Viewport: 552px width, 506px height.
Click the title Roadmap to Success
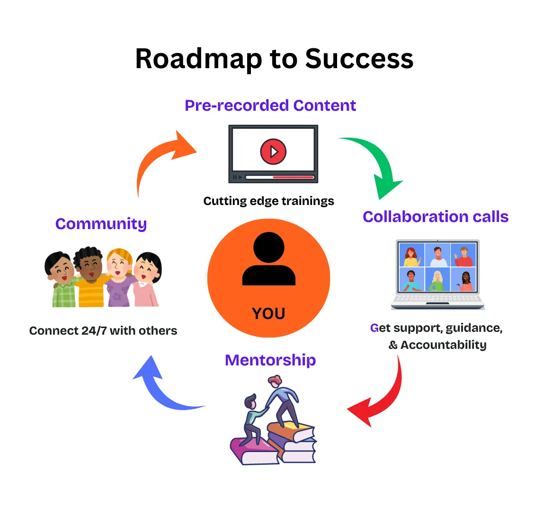click(274, 59)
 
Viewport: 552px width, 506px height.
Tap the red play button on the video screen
click(273, 151)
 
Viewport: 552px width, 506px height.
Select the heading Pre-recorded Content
click(270, 105)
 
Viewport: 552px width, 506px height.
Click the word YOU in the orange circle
click(268, 313)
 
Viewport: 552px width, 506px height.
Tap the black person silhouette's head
click(268, 247)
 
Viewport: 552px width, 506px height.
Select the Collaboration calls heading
click(436, 216)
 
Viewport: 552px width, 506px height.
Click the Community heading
click(101, 223)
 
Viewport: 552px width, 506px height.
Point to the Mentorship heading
click(270, 360)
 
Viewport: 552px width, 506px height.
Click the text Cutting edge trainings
click(268, 201)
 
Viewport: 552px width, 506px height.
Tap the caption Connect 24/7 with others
click(103, 330)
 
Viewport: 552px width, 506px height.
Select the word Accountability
click(443, 345)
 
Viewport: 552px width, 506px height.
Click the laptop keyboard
click(437, 299)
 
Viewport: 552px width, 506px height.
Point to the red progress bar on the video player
click(294, 178)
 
